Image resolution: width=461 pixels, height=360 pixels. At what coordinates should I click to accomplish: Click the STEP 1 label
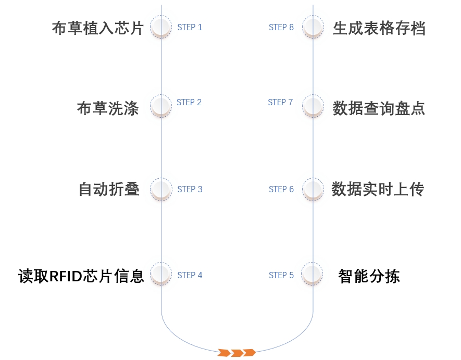tap(190, 27)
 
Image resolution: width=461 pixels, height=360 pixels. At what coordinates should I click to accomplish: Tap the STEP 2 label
tap(189, 102)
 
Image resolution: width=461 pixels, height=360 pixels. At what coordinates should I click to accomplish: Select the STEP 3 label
tap(190, 189)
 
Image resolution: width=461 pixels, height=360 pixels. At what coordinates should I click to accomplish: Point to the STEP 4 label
tap(190, 275)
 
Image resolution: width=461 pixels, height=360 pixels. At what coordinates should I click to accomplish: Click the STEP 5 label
tap(281, 275)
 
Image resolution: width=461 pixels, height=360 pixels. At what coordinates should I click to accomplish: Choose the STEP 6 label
tap(281, 189)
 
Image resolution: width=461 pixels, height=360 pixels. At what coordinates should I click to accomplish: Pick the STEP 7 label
tap(281, 102)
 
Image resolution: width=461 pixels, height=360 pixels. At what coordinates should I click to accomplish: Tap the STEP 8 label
tap(281, 27)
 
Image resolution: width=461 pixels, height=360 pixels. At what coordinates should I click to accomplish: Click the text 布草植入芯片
tap(97, 28)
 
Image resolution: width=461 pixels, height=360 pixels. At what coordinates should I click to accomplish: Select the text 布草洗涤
tap(108, 108)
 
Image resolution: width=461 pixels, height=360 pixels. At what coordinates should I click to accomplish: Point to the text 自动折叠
tap(109, 189)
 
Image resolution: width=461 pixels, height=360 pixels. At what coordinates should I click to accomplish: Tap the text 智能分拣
tap(369, 276)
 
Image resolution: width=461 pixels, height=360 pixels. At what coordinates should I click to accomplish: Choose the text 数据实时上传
tap(378, 189)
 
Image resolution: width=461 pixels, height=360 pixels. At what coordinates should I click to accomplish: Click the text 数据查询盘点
tap(379, 108)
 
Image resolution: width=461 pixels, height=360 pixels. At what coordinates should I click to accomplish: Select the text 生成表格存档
tap(379, 28)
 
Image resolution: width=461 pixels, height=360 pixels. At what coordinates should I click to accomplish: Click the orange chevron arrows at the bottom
tap(237, 352)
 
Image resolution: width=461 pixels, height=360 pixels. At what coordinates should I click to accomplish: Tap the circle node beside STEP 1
tap(161, 27)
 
